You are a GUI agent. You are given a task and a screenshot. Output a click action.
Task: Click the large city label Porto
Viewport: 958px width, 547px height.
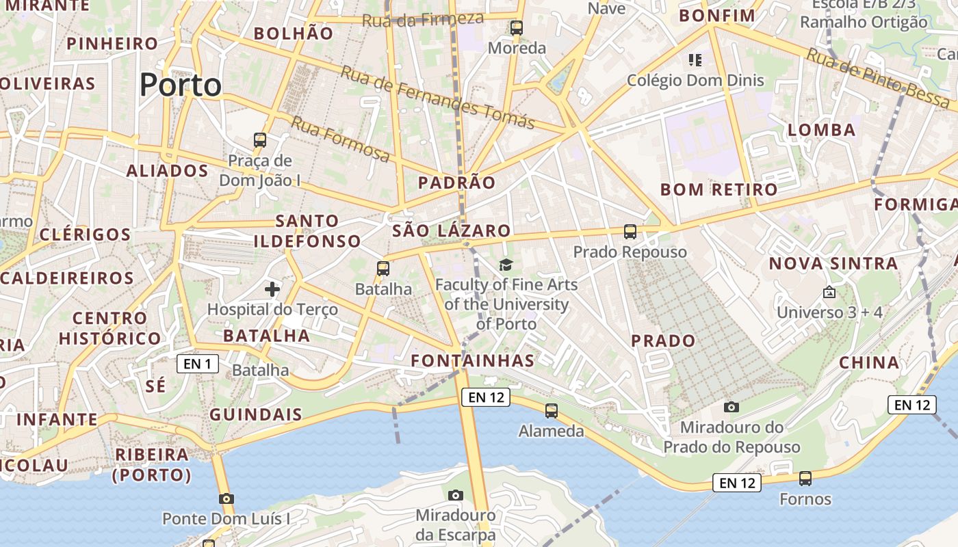tap(181, 85)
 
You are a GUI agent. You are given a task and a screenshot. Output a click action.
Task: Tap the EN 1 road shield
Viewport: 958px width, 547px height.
tap(198, 364)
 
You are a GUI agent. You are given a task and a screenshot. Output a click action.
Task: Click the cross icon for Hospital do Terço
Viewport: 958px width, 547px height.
tap(272, 289)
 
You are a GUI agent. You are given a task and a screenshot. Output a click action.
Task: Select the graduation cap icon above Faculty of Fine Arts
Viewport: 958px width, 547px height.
tap(506, 265)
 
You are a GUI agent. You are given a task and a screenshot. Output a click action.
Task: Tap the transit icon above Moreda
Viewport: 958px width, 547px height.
tap(517, 28)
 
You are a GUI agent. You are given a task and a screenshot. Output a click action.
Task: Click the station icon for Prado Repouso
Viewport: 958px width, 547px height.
tap(630, 232)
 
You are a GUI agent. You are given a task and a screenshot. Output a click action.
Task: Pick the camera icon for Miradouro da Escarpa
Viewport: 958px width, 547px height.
tap(456, 495)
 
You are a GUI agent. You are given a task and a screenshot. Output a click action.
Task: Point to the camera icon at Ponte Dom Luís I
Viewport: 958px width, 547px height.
tap(226, 498)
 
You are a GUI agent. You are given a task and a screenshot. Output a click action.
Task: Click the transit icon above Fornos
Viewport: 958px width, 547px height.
tap(805, 479)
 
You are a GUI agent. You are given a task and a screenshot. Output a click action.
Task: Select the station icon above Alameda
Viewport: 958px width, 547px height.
tap(552, 411)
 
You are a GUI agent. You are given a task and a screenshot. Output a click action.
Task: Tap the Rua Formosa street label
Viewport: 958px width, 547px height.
tap(340, 139)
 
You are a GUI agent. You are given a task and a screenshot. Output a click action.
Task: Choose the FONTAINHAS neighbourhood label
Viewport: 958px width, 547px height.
tap(472, 360)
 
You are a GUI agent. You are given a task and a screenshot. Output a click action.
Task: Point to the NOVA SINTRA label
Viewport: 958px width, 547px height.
tap(833, 263)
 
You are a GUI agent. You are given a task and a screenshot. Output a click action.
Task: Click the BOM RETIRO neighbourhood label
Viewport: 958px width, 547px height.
tap(719, 189)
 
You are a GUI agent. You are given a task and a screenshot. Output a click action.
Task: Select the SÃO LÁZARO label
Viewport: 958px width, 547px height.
tap(452, 231)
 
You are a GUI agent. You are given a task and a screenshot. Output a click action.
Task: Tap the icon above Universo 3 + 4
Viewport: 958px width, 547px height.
tap(829, 292)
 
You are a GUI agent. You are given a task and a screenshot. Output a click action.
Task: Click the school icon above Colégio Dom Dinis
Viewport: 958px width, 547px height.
tap(695, 60)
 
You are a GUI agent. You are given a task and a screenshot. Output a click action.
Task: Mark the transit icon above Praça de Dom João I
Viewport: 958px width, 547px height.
tap(260, 140)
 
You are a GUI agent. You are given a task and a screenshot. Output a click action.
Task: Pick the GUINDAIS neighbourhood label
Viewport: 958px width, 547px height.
tap(256, 414)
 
